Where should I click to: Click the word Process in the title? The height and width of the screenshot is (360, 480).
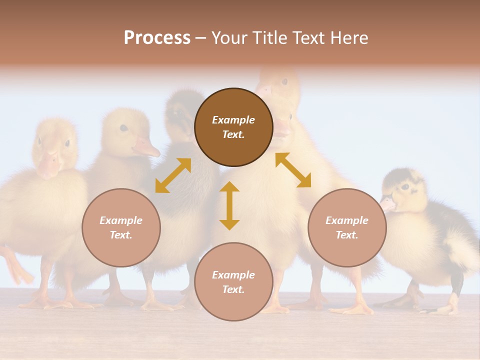157,38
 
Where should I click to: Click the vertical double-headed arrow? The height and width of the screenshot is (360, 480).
229,205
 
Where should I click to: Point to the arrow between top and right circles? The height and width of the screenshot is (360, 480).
293,170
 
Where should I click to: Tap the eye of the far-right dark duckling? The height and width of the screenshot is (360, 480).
404,187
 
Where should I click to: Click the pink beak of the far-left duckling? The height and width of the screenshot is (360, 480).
49,165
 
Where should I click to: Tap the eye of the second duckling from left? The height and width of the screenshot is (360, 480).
123,128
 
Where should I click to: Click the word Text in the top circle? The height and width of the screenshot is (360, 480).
233,134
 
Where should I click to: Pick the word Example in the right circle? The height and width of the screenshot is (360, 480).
347,220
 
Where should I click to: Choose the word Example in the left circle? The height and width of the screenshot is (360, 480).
121,220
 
